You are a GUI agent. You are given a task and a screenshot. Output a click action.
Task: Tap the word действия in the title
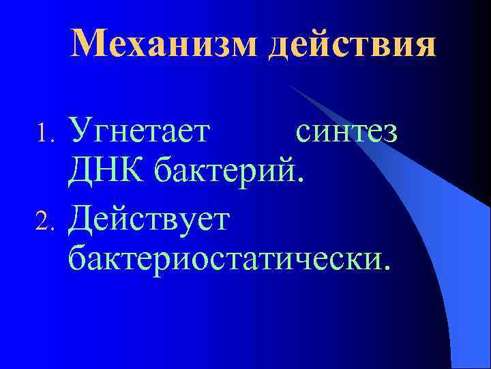[x=352, y=45]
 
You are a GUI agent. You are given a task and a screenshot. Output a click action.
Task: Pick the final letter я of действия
[x=423, y=48]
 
